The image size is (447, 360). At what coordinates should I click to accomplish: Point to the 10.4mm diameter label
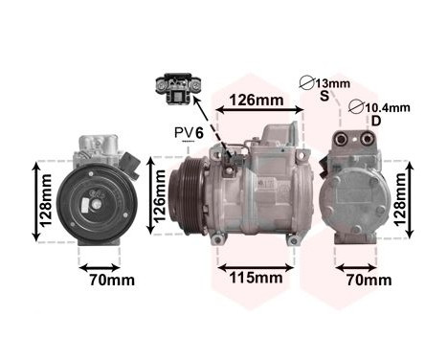386,107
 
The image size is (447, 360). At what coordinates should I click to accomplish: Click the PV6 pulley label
189,133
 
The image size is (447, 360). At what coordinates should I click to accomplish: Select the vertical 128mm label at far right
410,198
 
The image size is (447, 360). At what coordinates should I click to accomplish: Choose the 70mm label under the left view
105,281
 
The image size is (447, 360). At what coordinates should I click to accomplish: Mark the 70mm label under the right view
368,281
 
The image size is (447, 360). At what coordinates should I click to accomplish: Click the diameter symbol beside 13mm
306,83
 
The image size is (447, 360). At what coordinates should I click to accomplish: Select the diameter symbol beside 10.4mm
357,107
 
